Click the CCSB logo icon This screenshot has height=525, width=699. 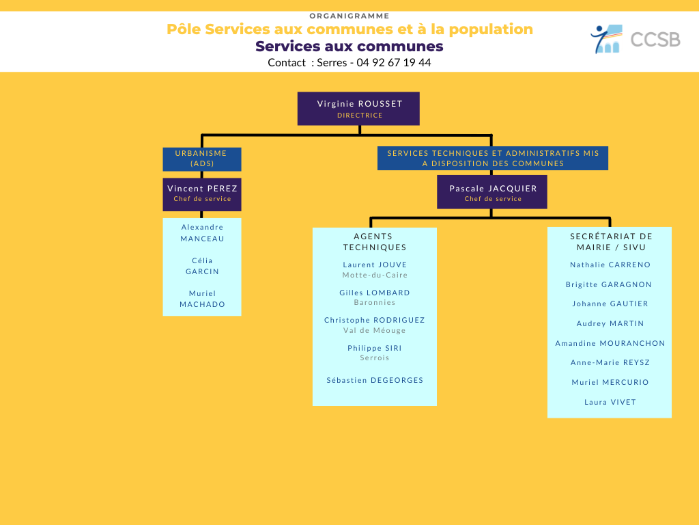pyautogui.click(x=606, y=39)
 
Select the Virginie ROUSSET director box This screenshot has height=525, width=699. pyautogui.click(x=358, y=109)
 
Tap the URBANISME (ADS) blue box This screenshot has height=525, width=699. pyautogui.click(x=202, y=159)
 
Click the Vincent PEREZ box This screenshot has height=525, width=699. pyautogui.click(x=202, y=195)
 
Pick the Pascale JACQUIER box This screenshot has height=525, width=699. pyautogui.click(x=491, y=192)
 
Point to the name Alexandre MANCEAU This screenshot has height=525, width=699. pyautogui.click(x=202, y=233)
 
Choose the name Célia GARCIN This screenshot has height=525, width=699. pyautogui.click(x=202, y=266)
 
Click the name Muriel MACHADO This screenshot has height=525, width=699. pyautogui.click(x=202, y=299)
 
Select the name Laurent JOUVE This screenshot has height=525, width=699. pyautogui.click(x=375, y=265)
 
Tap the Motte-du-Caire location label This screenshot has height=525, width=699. pyautogui.click(x=375, y=275)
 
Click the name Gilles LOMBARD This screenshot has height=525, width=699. pyautogui.click(x=375, y=293)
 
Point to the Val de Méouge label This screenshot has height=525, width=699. pyautogui.click(x=375, y=330)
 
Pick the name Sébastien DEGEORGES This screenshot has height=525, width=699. pyautogui.click(x=375, y=380)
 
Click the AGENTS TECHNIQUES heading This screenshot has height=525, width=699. pyautogui.click(x=375, y=241)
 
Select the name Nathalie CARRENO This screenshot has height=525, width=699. pyautogui.click(x=610, y=265)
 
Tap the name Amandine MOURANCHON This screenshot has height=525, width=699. pyautogui.click(x=610, y=343)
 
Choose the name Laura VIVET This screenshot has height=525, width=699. pyautogui.click(x=610, y=402)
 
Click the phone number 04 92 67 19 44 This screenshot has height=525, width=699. pyautogui.click(x=394, y=62)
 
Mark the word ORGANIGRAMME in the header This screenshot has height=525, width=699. pyautogui.click(x=349, y=16)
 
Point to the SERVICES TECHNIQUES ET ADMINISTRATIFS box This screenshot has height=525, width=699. pyautogui.click(x=493, y=159)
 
